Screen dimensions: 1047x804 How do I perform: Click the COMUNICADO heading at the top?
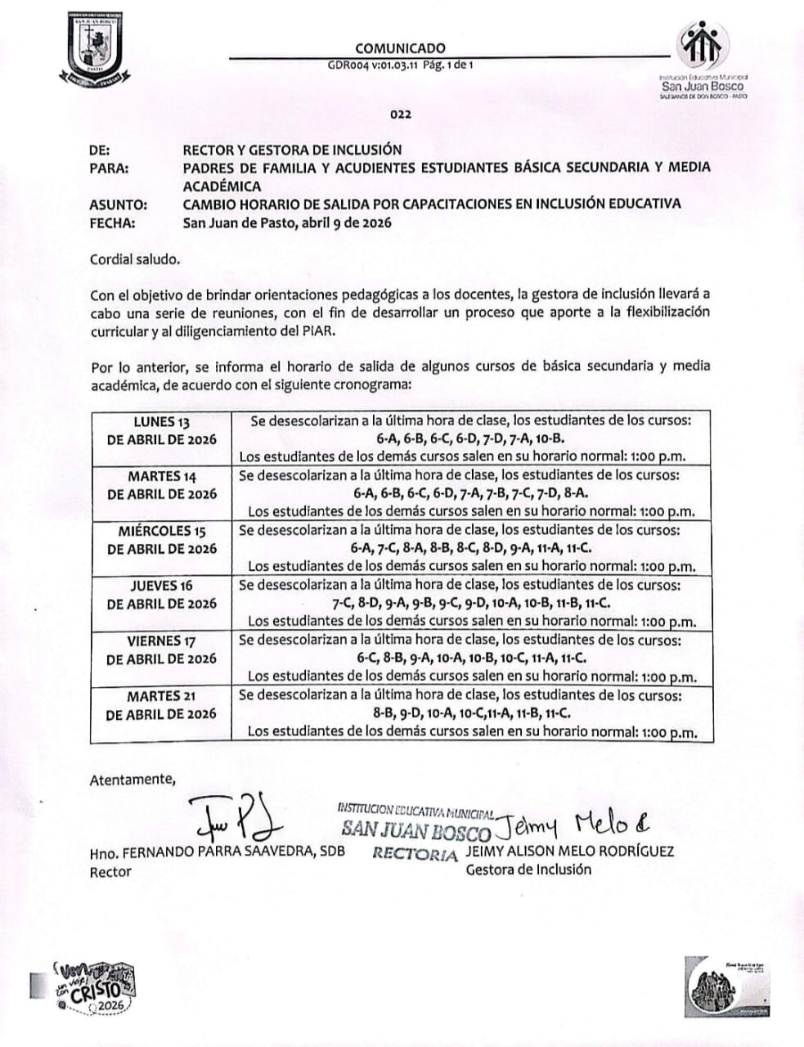(x=400, y=48)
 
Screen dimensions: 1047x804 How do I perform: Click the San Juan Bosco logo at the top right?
(x=703, y=61)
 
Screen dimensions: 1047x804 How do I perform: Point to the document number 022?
(x=400, y=115)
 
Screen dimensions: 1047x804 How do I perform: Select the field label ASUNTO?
(x=119, y=204)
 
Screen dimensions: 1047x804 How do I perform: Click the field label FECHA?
(x=113, y=222)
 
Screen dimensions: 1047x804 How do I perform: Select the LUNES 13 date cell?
(x=162, y=430)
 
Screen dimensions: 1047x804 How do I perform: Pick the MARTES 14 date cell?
(x=162, y=485)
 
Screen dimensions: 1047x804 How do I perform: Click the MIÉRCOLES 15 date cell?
(x=162, y=540)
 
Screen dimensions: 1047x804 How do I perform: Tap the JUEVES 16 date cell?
(x=162, y=595)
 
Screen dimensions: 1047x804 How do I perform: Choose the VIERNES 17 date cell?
(x=162, y=649)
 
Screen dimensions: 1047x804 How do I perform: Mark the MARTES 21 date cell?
(x=162, y=704)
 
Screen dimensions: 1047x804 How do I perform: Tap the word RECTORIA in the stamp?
(x=415, y=854)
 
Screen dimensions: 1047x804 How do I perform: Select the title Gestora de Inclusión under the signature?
(x=528, y=870)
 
